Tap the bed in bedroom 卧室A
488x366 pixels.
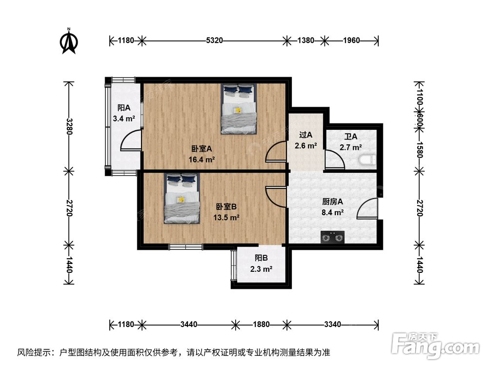pos(239,109)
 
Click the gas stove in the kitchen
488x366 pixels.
pos(332,238)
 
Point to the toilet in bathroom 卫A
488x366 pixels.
pos(367,160)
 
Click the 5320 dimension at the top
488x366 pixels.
pos(214,40)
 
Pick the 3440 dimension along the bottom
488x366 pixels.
pos(189,325)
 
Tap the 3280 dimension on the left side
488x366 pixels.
pos(69,126)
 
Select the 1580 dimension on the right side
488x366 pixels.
pos(419,150)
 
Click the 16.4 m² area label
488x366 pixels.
pos(202,160)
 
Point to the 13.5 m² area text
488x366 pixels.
pos(226,217)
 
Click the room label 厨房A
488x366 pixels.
pos(332,202)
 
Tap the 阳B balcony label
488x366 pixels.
pos(261,258)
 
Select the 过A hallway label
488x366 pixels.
pos(305,135)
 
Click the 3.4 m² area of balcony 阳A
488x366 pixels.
pos(124,119)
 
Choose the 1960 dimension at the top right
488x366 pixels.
pos(351,40)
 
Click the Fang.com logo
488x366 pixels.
pos(435,345)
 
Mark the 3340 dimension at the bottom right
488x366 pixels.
pos(332,325)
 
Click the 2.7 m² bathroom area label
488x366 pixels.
pos(351,147)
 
